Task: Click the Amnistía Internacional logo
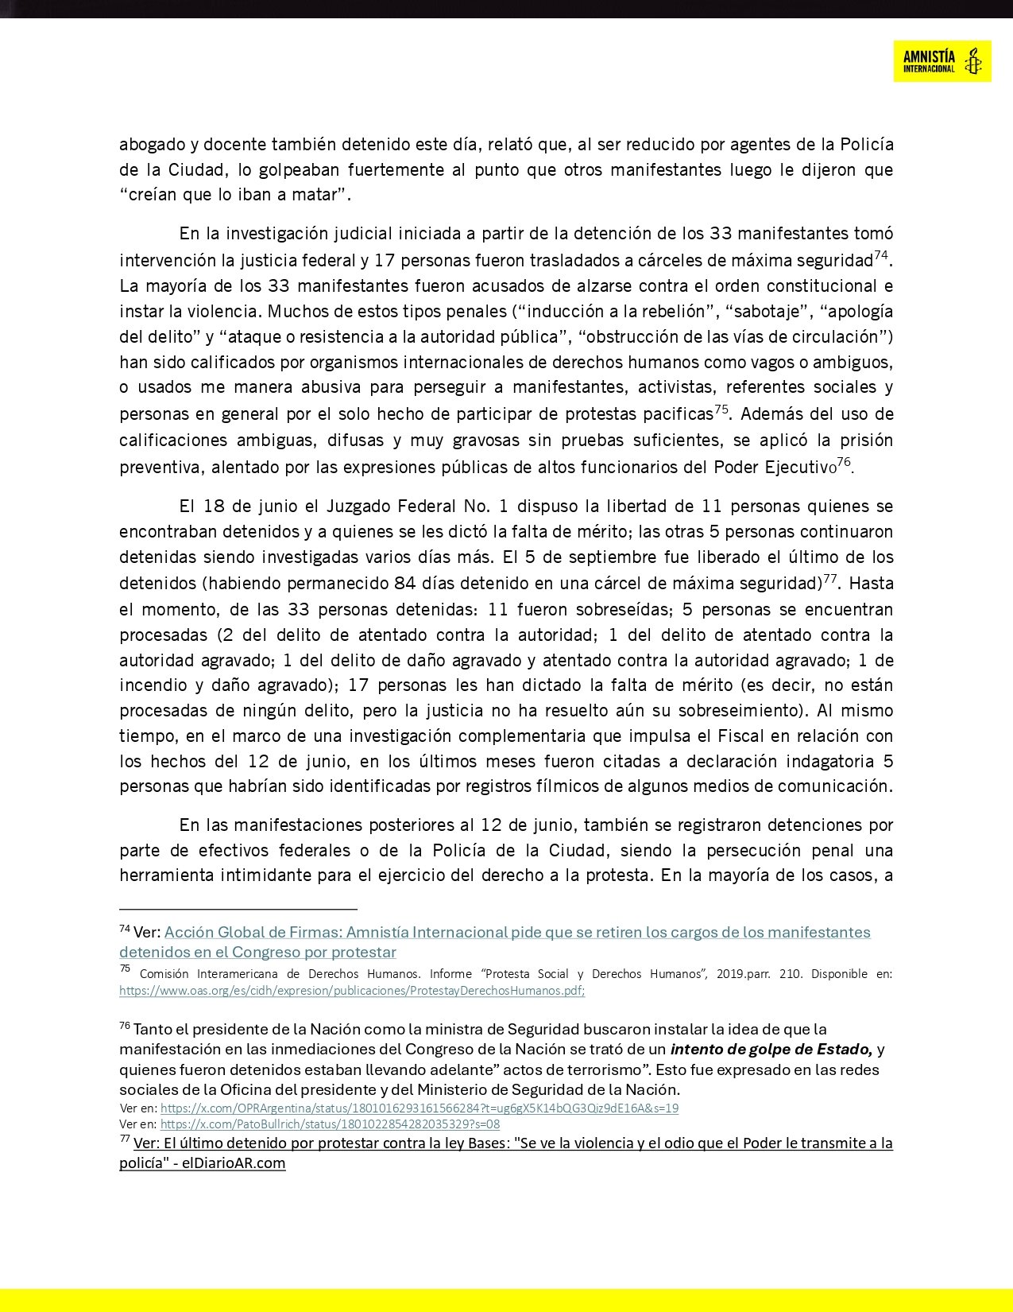click(x=941, y=60)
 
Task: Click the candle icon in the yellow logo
click(x=972, y=60)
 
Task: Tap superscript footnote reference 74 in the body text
click(x=880, y=255)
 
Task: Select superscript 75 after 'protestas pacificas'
click(x=721, y=409)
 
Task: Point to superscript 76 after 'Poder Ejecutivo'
click(x=844, y=462)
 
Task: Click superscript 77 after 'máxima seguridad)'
click(x=830, y=578)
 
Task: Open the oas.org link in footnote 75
click(x=352, y=991)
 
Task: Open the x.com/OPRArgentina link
click(x=419, y=1108)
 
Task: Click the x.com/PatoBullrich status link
click(x=330, y=1124)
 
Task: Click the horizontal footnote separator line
click(x=238, y=908)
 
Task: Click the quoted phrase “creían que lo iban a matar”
click(x=234, y=195)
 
